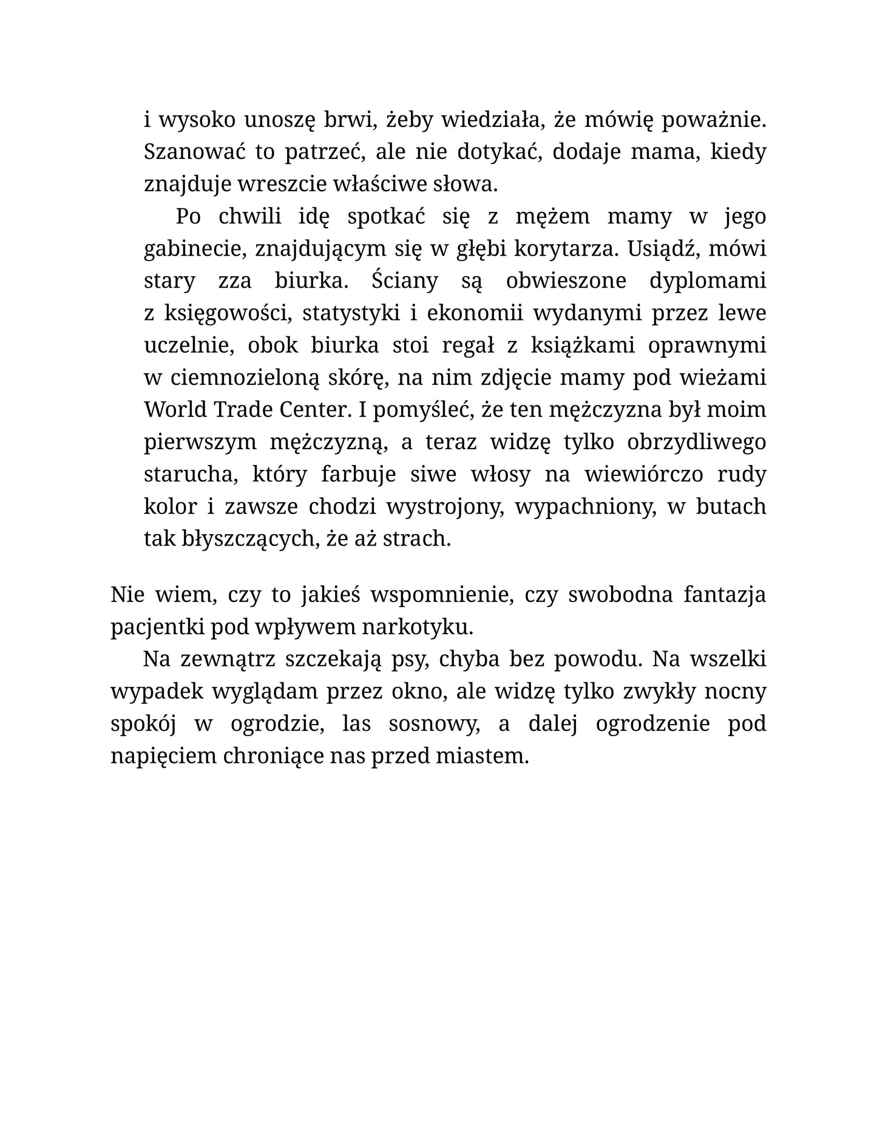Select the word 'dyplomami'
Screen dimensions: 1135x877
click(707, 281)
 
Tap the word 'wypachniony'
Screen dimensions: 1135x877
click(586, 506)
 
